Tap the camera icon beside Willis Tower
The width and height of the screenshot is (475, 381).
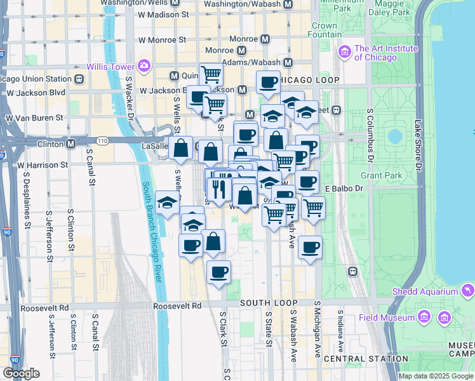(x=144, y=65)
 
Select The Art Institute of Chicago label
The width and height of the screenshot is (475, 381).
(x=386, y=53)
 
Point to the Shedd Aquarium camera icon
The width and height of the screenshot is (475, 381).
(x=469, y=291)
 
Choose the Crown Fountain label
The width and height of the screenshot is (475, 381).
(x=324, y=30)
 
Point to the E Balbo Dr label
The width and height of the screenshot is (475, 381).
(x=344, y=188)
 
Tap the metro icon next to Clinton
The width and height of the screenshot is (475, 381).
(x=71, y=144)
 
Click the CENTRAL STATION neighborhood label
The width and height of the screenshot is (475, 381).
(x=365, y=359)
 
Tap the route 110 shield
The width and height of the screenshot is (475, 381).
(x=102, y=140)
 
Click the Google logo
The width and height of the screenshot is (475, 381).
(x=21, y=373)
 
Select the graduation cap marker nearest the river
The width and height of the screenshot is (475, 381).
(x=166, y=203)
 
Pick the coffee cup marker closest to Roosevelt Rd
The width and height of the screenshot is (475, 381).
(x=218, y=272)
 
